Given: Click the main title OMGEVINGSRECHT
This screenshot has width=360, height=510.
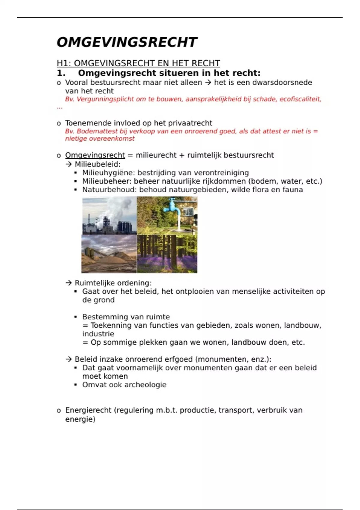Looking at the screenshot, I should click(x=127, y=42).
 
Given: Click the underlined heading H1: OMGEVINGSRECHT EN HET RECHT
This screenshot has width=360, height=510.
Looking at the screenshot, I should click(x=138, y=63).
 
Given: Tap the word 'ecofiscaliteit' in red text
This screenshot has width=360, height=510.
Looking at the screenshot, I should click(x=300, y=99).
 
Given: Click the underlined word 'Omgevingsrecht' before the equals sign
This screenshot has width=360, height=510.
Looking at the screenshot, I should click(x=95, y=155).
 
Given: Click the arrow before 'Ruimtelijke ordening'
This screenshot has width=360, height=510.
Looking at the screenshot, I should click(x=69, y=283).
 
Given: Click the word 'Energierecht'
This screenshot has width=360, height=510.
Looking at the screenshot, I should click(x=88, y=410).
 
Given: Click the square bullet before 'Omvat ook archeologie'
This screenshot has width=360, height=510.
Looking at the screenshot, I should click(x=76, y=385).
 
